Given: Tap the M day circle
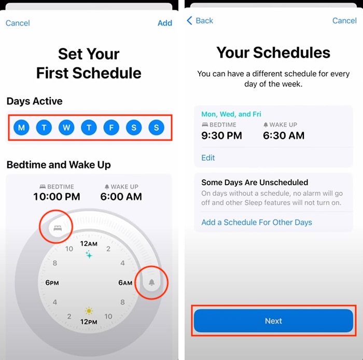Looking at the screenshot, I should tap(21, 127).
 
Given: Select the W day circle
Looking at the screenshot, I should tap(66, 127).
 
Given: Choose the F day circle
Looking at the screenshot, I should tap(111, 127).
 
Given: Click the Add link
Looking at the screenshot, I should tap(165, 23).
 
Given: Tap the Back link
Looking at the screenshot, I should tap(200, 21).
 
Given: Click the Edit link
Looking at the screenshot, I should tap(208, 158).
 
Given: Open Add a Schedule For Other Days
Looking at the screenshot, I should tap(257, 223).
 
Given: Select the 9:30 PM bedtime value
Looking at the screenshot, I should tap(222, 136).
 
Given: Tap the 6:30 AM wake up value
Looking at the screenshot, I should tap(284, 136).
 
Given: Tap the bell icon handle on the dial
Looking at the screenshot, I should tap(152, 282).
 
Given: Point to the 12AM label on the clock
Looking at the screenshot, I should tap(89, 243).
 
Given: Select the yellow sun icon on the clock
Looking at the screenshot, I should tap(89, 311).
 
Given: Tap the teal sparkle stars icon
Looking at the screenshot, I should tap(89, 255).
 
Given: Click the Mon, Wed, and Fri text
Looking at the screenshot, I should tap(231, 114).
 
